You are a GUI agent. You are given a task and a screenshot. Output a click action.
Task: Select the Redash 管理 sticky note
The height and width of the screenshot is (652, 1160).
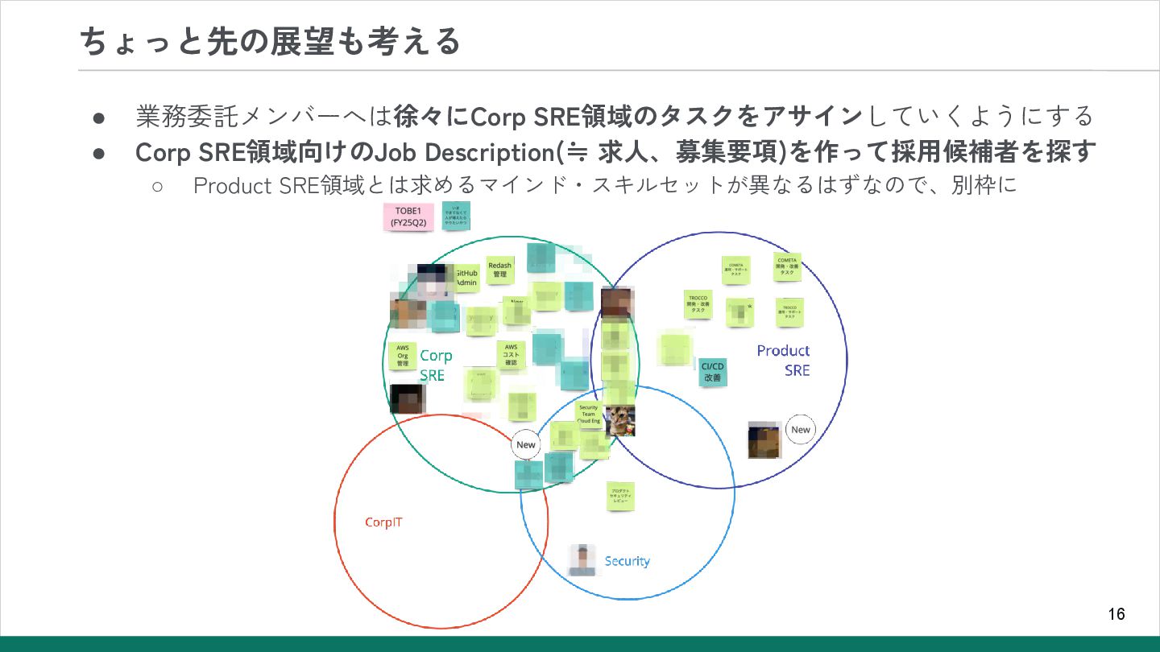click(x=499, y=270)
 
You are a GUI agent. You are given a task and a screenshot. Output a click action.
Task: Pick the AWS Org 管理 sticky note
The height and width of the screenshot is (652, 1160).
click(x=403, y=356)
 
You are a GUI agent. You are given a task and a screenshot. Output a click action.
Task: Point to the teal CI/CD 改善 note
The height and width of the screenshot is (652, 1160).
click(x=712, y=372)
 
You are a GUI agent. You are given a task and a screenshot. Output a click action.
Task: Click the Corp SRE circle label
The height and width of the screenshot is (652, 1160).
click(x=435, y=365)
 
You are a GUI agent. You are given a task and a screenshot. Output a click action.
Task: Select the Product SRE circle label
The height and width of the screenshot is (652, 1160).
click(x=784, y=360)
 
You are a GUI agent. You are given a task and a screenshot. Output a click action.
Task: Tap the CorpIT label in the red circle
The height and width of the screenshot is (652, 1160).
click(x=383, y=522)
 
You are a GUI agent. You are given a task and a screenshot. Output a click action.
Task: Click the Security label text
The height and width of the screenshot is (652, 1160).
click(x=627, y=561)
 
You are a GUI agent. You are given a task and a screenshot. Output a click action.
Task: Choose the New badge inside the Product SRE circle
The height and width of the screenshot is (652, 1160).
click(x=800, y=430)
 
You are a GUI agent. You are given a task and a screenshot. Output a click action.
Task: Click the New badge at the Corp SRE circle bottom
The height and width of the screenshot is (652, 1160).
click(x=525, y=445)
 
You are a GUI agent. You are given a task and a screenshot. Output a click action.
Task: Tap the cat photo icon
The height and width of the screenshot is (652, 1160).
click(x=620, y=421)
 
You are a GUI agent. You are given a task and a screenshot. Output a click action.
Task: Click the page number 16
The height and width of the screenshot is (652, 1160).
click(x=1116, y=614)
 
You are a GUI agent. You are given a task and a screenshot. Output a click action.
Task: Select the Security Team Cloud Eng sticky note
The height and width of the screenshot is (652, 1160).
click(x=589, y=414)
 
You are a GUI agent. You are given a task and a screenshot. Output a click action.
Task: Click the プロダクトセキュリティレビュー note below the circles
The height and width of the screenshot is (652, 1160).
click(x=620, y=496)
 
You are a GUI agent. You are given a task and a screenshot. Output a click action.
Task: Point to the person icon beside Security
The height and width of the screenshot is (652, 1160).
click(x=582, y=560)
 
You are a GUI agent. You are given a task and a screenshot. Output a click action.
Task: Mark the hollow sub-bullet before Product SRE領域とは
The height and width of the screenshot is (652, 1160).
click(x=158, y=186)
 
